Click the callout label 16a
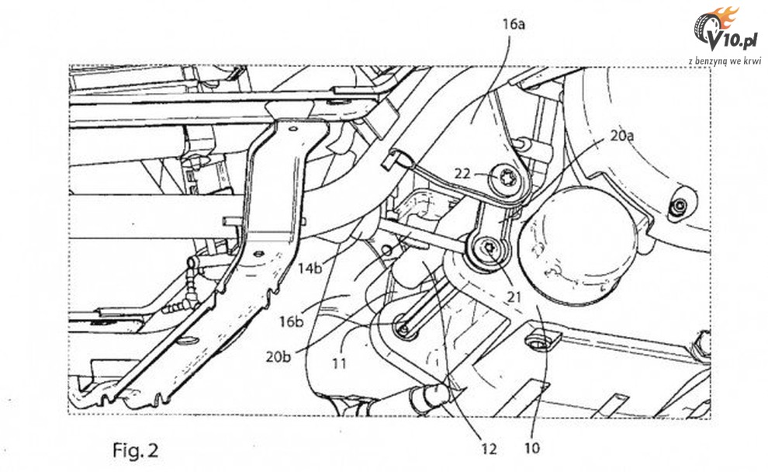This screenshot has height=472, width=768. click(514, 23)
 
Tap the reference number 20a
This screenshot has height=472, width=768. click(622, 135)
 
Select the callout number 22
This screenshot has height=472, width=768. click(462, 173)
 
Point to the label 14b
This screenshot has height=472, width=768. click(310, 269)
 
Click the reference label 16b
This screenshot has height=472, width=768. click(292, 321)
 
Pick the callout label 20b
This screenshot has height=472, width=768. click(278, 356)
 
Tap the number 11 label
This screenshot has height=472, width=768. click(340, 363)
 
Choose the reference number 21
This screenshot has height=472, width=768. click(514, 297)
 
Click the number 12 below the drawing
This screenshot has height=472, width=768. click(489, 449)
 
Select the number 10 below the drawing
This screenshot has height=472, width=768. click(532, 447)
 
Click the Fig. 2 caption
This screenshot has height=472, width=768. click(136, 450)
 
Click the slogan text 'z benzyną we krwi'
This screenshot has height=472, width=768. click(725, 61)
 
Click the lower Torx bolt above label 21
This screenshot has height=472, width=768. click(488, 248)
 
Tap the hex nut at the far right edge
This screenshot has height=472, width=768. click(679, 208)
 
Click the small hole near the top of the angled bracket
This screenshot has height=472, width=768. click(292, 130)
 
